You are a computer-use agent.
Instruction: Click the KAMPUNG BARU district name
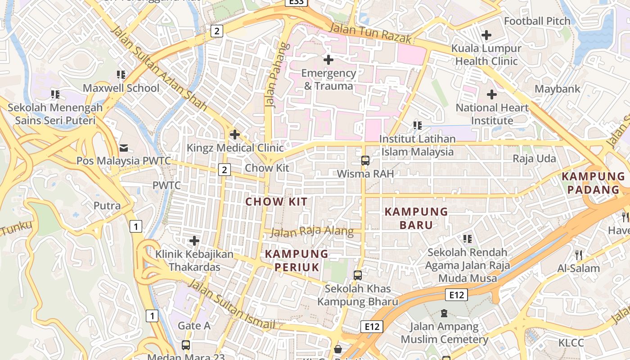[x=416, y=218]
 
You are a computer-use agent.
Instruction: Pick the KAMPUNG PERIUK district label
[x=297, y=261]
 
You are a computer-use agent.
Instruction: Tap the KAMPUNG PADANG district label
[x=593, y=183]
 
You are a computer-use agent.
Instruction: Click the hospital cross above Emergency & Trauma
[x=328, y=59]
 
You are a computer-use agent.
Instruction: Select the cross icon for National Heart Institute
[x=492, y=94]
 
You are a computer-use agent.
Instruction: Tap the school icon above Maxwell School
[x=121, y=75]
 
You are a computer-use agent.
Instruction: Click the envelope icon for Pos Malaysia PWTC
[x=123, y=148]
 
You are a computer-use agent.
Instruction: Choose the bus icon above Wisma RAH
[x=365, y=161]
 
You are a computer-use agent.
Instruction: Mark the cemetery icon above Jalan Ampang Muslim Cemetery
[x=444, y=313]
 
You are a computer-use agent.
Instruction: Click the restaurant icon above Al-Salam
[x=579, y=255]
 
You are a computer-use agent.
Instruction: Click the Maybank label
[x=558, y=89]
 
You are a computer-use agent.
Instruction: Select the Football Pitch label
[x=537, y=21]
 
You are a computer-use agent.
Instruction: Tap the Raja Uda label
[x=534, y=159]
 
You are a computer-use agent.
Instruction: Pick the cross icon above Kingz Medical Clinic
[x=234, y=135]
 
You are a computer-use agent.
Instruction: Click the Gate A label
[x=194, y=325]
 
